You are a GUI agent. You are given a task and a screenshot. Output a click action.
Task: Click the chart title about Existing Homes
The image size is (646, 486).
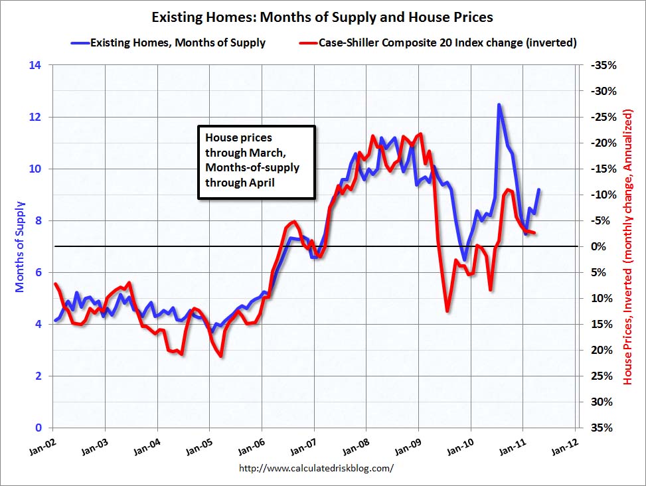click(323, 17)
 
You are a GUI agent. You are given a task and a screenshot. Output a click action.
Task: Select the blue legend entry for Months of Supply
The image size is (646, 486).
click(168, 42)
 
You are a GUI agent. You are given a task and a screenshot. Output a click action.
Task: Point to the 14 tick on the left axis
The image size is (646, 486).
click(35, 65)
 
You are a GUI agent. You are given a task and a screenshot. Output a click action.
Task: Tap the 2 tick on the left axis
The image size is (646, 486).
click(38, 376)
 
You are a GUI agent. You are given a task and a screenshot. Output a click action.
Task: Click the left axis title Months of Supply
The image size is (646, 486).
click(19, 246)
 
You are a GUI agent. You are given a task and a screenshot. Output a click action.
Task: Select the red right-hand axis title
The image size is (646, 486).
click(628, 246)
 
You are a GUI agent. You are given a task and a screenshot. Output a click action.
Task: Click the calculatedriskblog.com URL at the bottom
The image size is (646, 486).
click(315, 467)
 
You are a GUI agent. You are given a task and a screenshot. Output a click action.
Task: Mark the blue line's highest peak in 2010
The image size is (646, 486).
click(499, 105)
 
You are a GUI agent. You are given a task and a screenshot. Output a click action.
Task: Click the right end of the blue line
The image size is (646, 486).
click(539, 190)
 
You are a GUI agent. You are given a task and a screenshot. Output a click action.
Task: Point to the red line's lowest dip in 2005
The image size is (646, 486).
click(220, 357)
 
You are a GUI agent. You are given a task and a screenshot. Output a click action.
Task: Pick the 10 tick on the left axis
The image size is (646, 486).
click(35, 169)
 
